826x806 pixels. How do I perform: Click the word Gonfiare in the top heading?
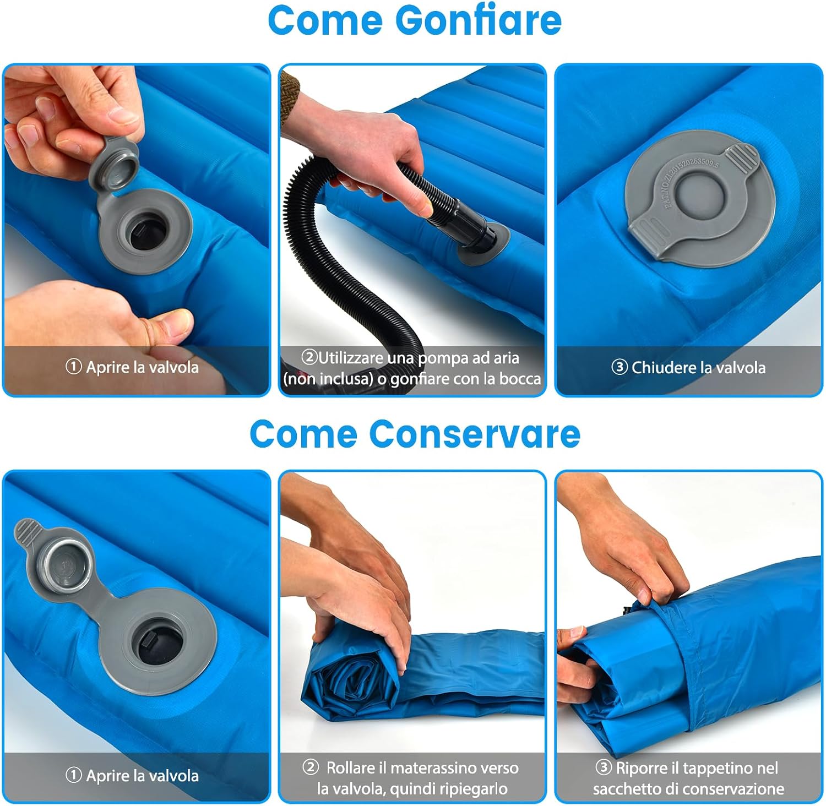(479, 21)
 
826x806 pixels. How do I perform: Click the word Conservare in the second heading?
(475, 434)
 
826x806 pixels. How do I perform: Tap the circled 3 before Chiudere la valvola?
(619, 367)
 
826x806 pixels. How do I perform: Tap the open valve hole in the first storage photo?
(157, 641)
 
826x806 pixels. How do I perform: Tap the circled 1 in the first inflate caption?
(73, 367)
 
